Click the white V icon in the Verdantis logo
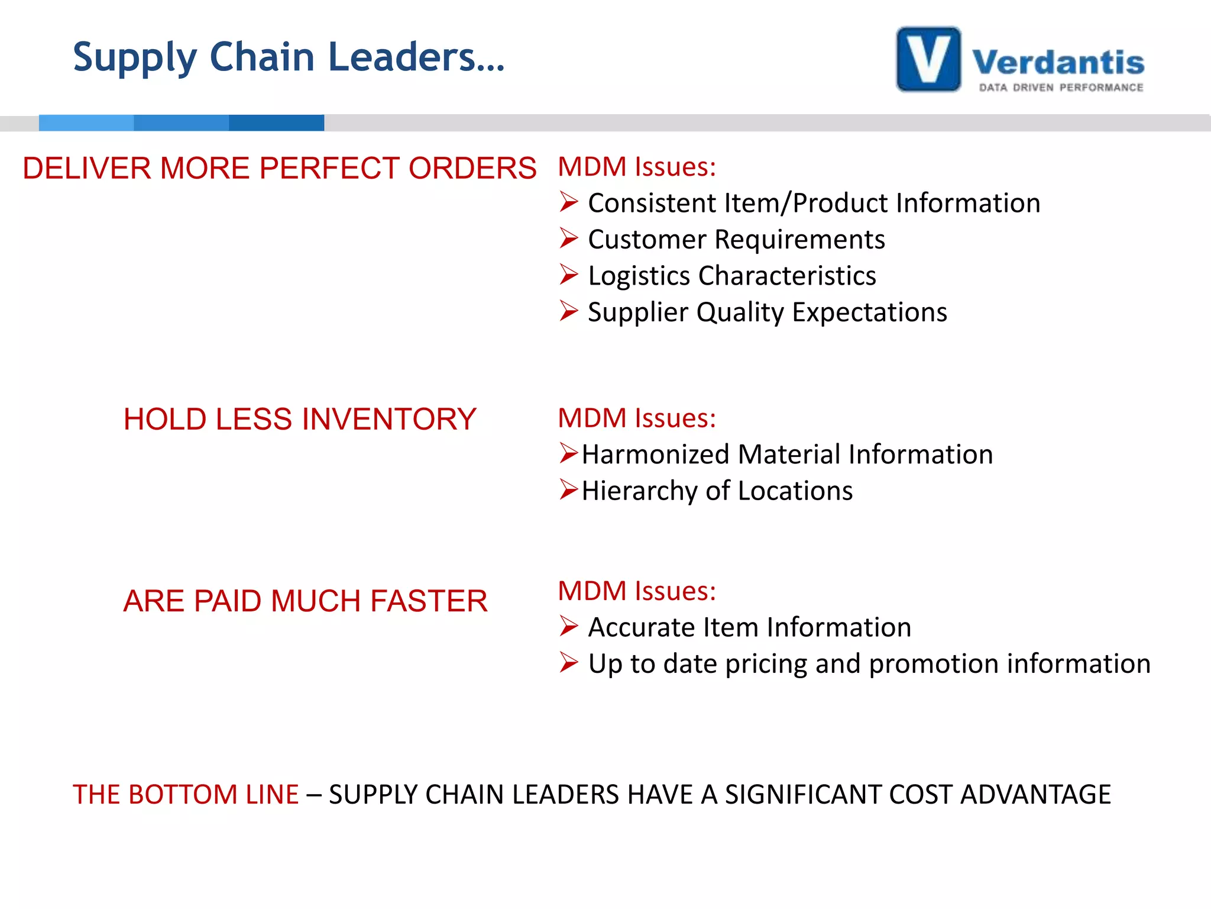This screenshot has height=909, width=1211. pos(928,59)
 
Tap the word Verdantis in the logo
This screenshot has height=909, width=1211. pos(1058,63)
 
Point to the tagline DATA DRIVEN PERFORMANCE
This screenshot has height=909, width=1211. pos(1061,88)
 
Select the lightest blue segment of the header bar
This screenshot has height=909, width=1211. pos(86,123)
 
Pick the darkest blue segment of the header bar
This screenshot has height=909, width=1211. pos(276,123)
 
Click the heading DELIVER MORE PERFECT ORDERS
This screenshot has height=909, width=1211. pos(279,168)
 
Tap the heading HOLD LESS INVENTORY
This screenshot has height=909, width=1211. pos(299,419)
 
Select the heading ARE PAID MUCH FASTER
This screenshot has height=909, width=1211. pos(305,601)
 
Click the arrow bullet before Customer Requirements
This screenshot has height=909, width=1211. pos(568,238)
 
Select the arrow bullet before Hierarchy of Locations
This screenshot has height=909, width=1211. pos(568,490)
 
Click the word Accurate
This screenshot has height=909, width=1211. pos(641,627)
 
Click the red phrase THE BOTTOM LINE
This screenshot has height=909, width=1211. pos(185,794)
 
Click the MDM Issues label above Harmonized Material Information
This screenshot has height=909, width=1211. pos(637,418)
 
